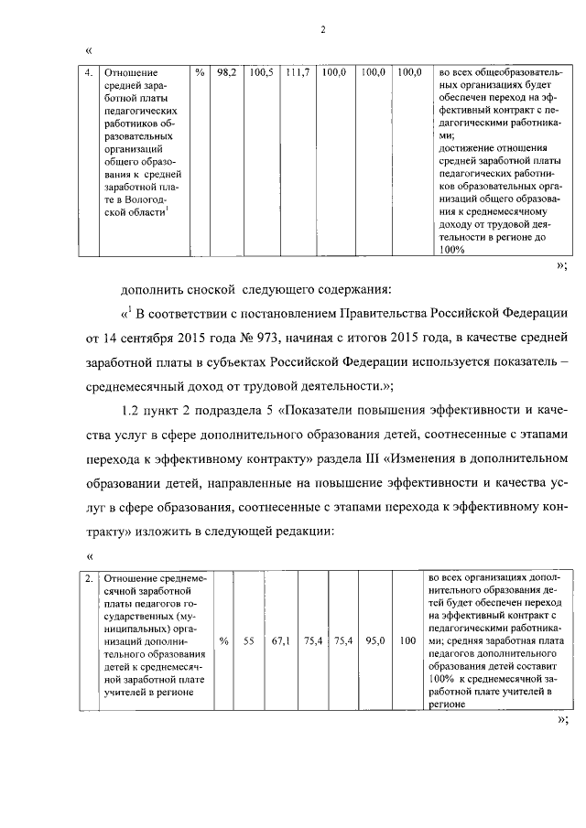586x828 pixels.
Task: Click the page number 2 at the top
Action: click(x=323, y=29)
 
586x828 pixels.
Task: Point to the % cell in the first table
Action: click(x=200, y=71)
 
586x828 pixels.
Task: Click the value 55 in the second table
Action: click(x=247, y=640)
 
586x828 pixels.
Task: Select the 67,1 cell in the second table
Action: click(x=280, y=640)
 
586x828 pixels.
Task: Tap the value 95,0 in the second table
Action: click(x=373, y=640)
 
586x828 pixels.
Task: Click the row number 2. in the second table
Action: click(x=88, y=579)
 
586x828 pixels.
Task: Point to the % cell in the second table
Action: click(x=222, y=640)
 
